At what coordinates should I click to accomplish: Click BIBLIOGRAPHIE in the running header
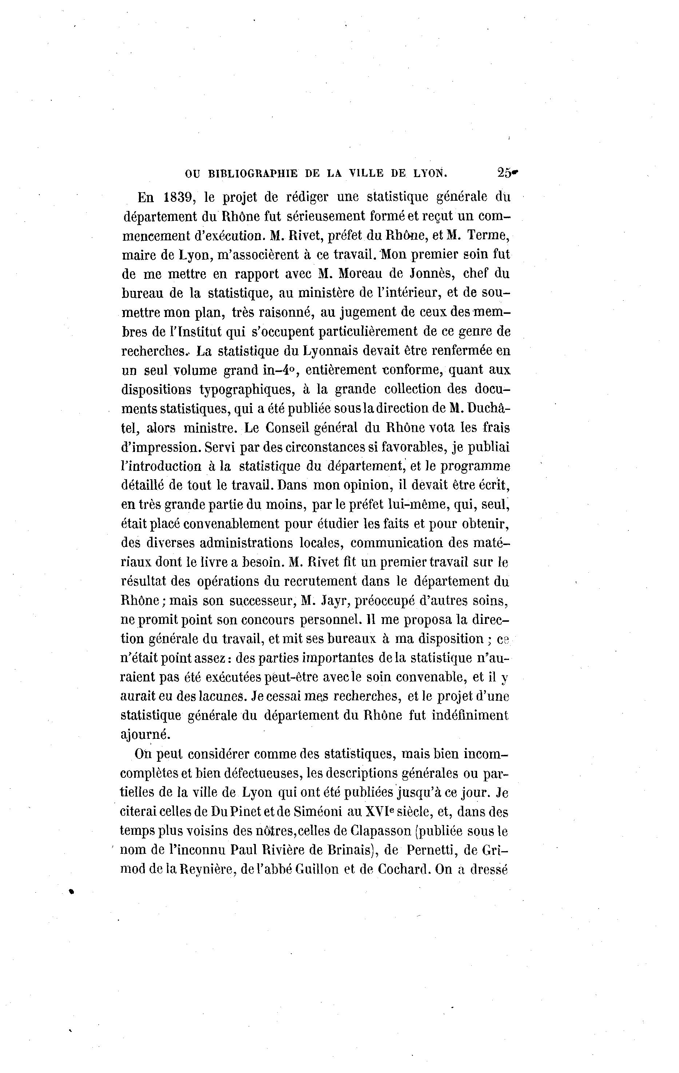tap(253, 174)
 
